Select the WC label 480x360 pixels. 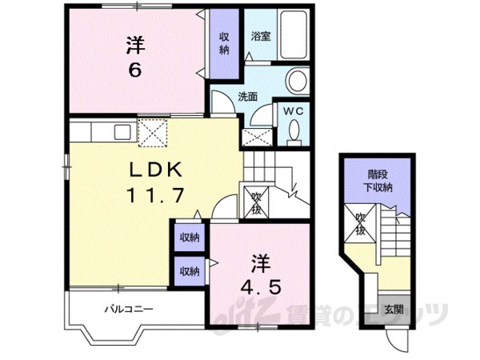click(x=290, y=111)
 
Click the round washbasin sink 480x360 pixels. click(x=297, y=81)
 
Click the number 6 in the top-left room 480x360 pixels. click(x=134, y=69)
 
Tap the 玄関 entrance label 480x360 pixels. click(x=391, y=310)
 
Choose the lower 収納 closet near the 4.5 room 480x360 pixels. click(x=189, y=271)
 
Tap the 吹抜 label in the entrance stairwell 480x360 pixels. click(x=359, y=225)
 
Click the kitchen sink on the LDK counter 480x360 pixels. click(x=122, y=131)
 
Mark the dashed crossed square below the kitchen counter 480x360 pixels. click(x=154, y=133)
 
